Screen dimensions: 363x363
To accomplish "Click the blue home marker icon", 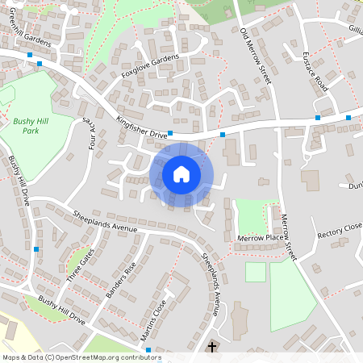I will tap(181, 174).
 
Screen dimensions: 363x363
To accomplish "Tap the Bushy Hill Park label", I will tap(30, 125).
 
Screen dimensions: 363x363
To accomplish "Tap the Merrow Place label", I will tap(261, 238).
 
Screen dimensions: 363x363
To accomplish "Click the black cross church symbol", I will tap(212, 347).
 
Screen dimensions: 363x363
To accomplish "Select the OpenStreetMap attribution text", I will tap(81, 357).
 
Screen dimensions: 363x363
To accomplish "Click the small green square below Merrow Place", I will tap(255, 272).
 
